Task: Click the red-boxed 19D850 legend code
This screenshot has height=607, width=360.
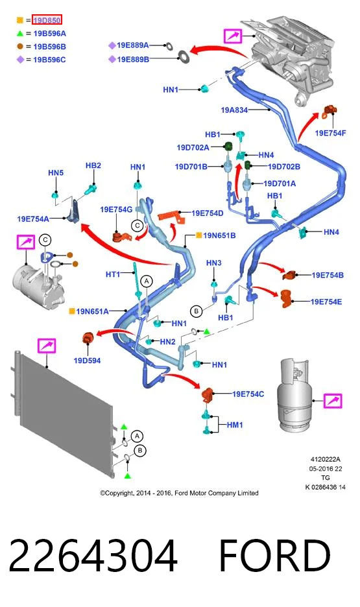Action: (x=47, y=20)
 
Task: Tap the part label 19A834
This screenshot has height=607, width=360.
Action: (x=234, y=110)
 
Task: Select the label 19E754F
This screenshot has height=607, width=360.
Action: (x=330, y=133)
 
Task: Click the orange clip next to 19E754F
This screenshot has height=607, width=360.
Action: (x=330, y=112)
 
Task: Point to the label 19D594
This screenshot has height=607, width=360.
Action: (x=87, y=361)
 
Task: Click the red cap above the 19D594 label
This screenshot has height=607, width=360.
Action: (x=88, y=338)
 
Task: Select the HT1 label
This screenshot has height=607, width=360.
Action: (x=113, y=274)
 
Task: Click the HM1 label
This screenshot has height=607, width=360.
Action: (x=235, y=425)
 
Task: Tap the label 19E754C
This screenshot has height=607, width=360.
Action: (x=248, y=394)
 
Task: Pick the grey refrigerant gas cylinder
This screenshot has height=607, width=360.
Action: (x=294, y=394)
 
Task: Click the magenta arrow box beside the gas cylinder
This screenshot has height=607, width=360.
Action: (x=333, y=401)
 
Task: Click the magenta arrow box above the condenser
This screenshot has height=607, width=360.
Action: (x=47, y=345)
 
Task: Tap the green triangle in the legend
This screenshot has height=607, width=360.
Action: (x=20, y=34)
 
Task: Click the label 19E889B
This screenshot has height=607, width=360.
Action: (x=133, y=59)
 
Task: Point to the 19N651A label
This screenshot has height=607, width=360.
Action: (x=92, y=311)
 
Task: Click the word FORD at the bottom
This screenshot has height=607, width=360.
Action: (x=275, y=555)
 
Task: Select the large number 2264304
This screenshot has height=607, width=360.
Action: (x=93, y=555)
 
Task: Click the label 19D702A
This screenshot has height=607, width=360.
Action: (x=193, y=147)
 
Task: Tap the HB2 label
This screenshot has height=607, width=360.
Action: (x=93, y=165)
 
